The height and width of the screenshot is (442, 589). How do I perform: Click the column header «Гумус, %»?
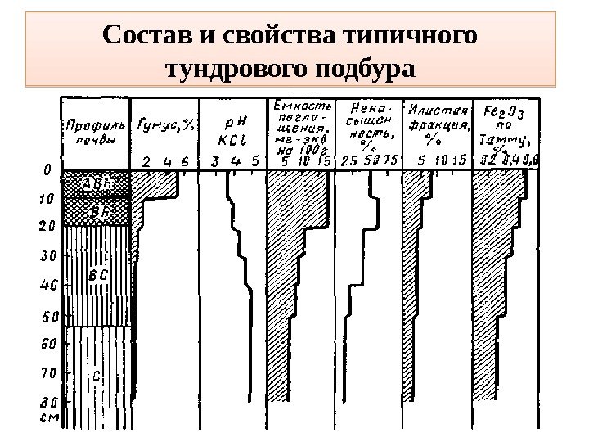point(167,125)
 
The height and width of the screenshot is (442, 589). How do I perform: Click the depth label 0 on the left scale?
point(47,170)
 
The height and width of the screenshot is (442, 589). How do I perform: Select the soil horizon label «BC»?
point(97,275)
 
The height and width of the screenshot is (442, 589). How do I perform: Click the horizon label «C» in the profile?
point(97,376)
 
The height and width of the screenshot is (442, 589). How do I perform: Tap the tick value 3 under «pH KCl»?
point(215,161)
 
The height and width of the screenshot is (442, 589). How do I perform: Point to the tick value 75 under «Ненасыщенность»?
point(392,161)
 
